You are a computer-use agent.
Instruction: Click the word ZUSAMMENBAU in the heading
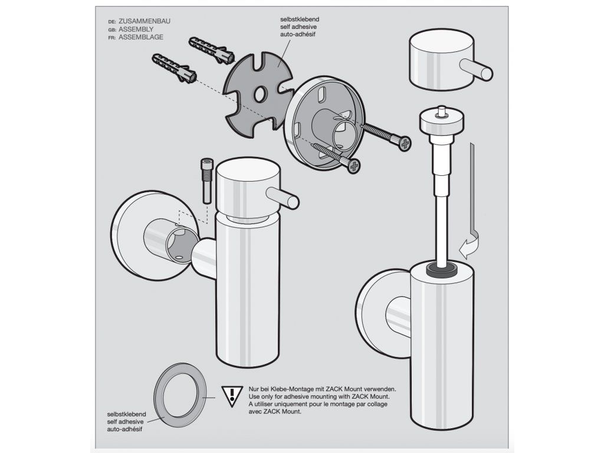[x=145, y=21]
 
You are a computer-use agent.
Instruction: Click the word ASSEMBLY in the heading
[x=136, y=29]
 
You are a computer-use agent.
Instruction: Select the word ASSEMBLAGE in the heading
[x=141, y=37]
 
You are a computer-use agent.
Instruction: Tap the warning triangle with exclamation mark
[x=232, y=396]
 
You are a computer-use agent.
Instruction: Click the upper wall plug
[x=212, y=50]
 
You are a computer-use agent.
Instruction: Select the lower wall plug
[x=175, y=67]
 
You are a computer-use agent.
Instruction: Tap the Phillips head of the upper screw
[x=405, y=144]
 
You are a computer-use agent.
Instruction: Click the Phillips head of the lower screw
[x=354, y=166]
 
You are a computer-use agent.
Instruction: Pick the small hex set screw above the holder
[x=207, y=181]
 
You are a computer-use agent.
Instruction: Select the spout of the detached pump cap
[x=477, y=70]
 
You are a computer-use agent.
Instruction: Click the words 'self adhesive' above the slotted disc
[x=298, y=27]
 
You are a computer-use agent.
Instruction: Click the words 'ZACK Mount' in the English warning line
[x=372, y=396]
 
